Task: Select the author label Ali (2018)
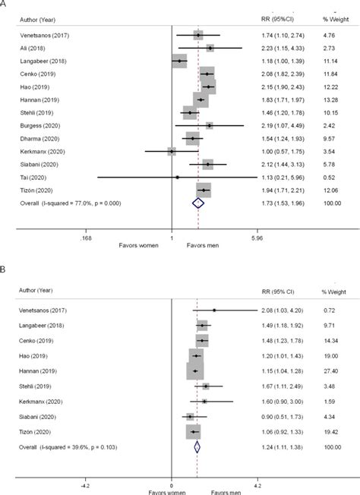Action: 30,48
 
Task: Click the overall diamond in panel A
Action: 198,203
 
